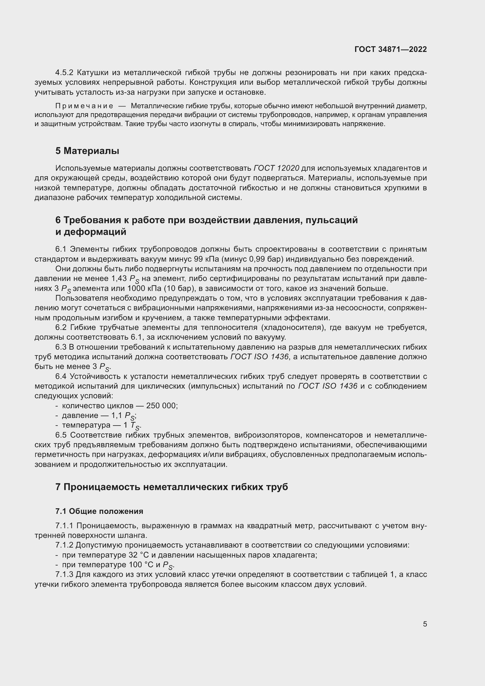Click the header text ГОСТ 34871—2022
pyautogui.click(x=390, y=49)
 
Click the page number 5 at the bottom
pyautogui.click(x=425, y=624)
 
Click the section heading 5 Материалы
pyautogui.click(x=87, y=151)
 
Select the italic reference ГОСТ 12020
pyautogui.click(x=276, y=168)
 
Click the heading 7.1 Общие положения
pyautogui.click(x=99, y=511)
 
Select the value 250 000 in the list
pyautogui.click(x=162, y=406)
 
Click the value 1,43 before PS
pyautogui.click(x=119, y=279)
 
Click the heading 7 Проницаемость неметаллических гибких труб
pyautogui.click(x=172, y=487)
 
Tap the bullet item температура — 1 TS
pyautogui.click(x=99, y=426)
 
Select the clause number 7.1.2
pyautogui.click(x=64, y=545)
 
